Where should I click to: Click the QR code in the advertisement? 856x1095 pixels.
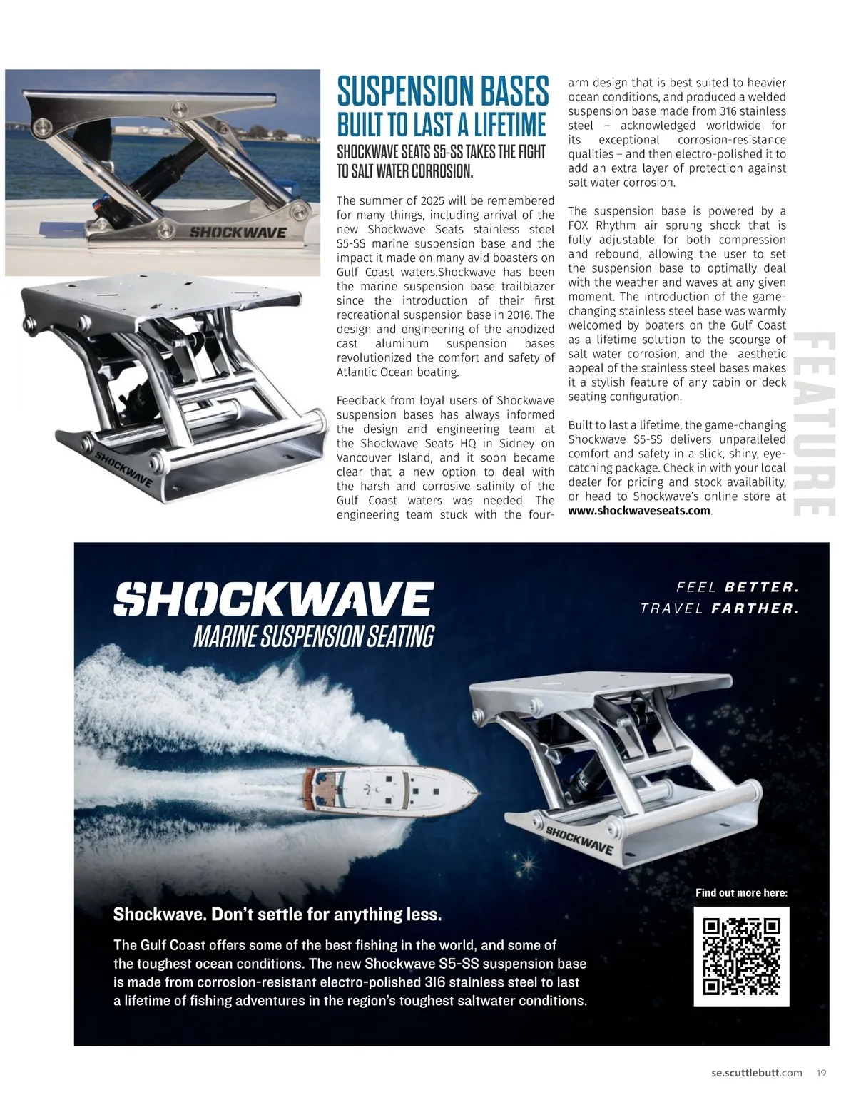pos(741,956)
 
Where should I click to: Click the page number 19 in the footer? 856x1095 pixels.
pos(821,1072)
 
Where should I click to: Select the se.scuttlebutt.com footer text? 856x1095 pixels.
pos(756,1072)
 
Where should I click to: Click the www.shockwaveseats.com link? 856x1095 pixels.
pos(639,511)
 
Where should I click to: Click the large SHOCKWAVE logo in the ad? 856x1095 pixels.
pos(273,599)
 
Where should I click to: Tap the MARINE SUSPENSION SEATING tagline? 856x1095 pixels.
pos(313,636)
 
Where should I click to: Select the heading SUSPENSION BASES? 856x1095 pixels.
pos(442,91)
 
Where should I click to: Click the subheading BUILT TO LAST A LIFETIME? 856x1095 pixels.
pos(442,124)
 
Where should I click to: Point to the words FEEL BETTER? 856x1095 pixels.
pos(738,588)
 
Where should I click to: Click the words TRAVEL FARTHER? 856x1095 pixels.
pos(720,609)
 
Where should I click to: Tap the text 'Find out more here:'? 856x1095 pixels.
pos(741,892)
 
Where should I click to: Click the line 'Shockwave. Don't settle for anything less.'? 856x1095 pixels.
pos(277,915)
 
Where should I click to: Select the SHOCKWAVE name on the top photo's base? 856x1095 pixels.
pos(238,233)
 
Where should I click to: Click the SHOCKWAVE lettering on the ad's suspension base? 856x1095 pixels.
pos(579,840)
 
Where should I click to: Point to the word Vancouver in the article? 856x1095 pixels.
pos(365,457)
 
